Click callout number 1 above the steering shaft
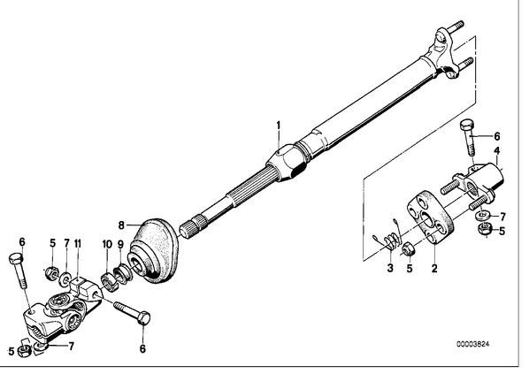tap(279, 126)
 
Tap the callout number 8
tap(121, 225)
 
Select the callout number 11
tap(78, 243)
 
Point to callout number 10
tap(107, 244)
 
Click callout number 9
tap(121, 244)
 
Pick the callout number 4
tap(497, 150)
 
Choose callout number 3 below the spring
tap(390, 268)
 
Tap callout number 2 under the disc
tap(434, 268)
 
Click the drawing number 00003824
tap(473, 344)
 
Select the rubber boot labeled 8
tap(154, 249)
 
